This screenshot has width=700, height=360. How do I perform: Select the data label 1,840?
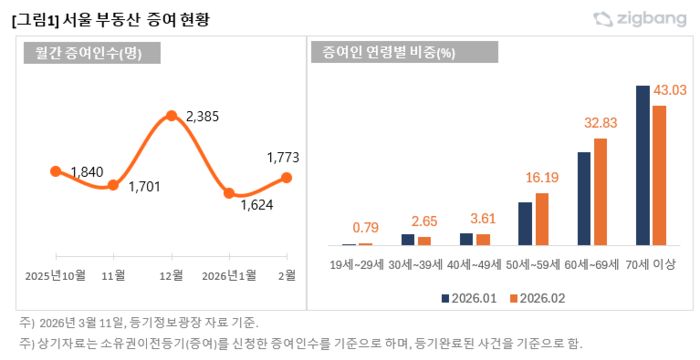(86, 173)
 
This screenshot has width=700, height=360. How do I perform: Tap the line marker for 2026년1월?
(229, 193)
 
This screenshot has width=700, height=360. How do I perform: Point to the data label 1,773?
(283, 157)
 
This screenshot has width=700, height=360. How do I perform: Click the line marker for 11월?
(113, 185)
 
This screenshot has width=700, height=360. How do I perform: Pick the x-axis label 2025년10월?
(55, 275)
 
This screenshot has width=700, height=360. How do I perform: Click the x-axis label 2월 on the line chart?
(286, 275)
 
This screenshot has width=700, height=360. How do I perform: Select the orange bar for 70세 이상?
(659, 175)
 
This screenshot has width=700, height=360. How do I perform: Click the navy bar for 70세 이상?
(643, 165)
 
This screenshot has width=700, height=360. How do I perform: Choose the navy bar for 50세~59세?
(525, 223)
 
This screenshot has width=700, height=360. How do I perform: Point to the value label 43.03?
(670, 91)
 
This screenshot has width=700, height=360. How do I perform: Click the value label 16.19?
(541, 177)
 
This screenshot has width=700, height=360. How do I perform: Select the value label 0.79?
(365, 227)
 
